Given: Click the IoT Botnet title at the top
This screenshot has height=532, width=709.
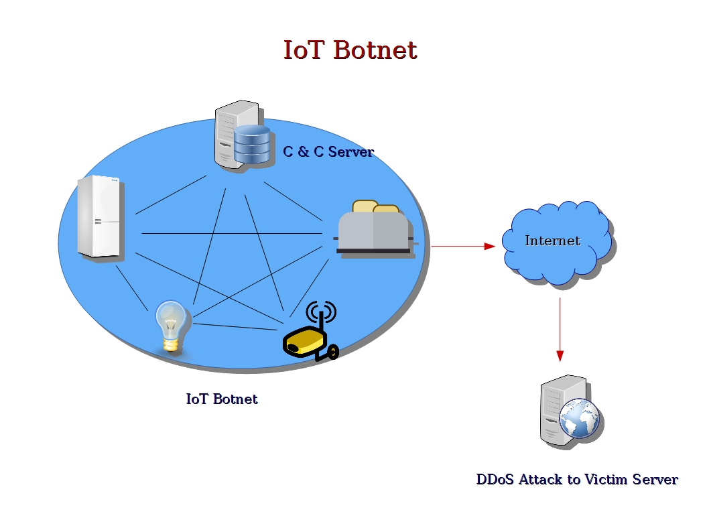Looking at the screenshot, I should click(x=350, y=50).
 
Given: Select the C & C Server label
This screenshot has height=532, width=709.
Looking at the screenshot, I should click(x=328, y=152).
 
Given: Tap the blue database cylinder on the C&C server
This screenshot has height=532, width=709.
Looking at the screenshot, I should click(x=252, y=144).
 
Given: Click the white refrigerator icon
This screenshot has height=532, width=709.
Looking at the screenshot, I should click(x=100, y=216).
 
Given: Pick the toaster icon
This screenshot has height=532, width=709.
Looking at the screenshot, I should click(x=374, y=231).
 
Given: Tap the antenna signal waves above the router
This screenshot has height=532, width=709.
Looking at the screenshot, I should click(x=320, y=312).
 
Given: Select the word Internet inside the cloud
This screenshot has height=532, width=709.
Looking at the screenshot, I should click(x=552, y=241).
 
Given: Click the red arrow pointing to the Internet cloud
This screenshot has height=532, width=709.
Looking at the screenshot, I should click(x=462, y=246).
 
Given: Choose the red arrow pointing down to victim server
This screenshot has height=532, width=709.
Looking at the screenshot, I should click(x=560, y=328).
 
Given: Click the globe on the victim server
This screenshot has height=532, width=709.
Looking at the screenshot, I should click(x=579, y=419).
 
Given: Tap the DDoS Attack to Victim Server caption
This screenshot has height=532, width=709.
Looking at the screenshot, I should click(x=577, y=480).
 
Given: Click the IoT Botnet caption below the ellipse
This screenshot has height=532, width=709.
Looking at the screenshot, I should click(x=222, y=399).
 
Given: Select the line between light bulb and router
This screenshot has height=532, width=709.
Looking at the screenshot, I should click(x=235, y=327).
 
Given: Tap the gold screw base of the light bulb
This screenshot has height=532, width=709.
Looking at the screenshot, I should click(x=172, y=345).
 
